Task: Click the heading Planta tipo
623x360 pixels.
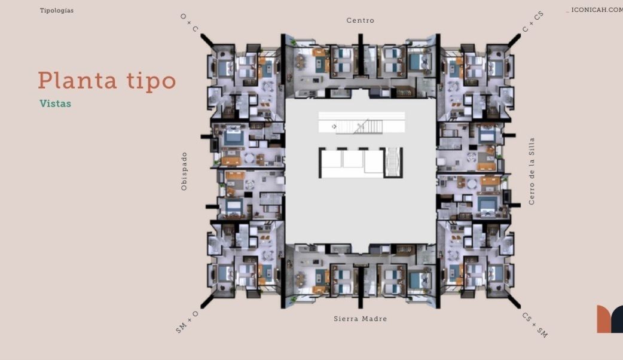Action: pyautogui.click(x=107, y=81)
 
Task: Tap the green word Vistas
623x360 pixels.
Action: pyautogui.click(x=55, y=103)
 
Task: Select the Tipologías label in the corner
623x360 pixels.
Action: pyautogui.click(x=57, y=11)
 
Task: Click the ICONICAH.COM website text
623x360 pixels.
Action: pyautogui.click(x=597, y=10)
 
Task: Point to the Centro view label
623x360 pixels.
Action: pyautogui.click(x=361, y=20)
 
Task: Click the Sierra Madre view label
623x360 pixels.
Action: pyautogui.click(x=361, y=319)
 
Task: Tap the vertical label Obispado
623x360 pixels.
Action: pyautogui.click(x=184, y=171)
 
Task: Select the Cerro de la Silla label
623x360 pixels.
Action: pyautogui.click(x=532, y=171)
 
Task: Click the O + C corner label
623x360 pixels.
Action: pyautogui.click(x=189, y=23)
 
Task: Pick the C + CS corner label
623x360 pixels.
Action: pyautogui.click(x=533, y=22)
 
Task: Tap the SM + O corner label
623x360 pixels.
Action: pyautogui.click(x=187, y=322)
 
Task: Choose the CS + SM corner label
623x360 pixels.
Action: pyautogui.click(x=535, y=325)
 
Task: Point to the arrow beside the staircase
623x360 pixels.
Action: pyautogui.click(x=334, y=126)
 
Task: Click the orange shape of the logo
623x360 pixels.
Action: pyautogui.click(x=604, y=319)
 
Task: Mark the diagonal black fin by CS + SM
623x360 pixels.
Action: pyautogui.click(x=514, y=301)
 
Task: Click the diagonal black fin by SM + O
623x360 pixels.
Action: pyautogui.click(x=207, y=301)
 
